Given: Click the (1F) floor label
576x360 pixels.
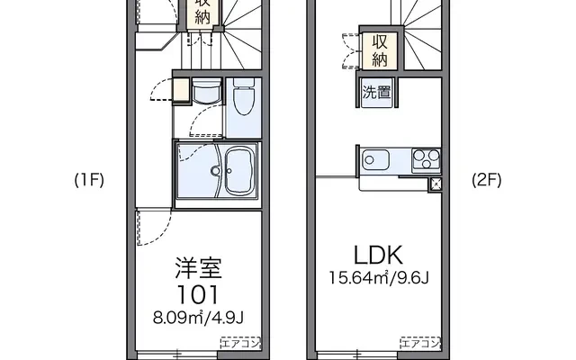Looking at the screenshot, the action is pyautogui.click(x=89, y=180).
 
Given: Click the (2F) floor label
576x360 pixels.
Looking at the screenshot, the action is pyautogui.click(x=486, y=180).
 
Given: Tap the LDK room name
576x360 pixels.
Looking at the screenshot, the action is pyautogui.click(x=378, y=256).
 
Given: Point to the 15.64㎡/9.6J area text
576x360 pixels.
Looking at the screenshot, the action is pyautogui.click(x=379, y=278).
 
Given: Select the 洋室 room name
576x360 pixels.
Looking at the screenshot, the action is pyautogui.click(x=198, y=268).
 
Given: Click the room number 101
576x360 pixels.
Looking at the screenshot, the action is pyautogui.click(x=198, y=294).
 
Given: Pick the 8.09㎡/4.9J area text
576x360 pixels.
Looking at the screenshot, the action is pyautogui.click(x=198, y=318).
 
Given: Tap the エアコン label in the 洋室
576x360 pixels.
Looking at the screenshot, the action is pyautogui.click(x=240, y=343).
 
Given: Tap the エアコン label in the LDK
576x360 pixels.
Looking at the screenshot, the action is pyautogui.click(x=420, y=343).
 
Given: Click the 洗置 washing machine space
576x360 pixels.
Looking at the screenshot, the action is pyautogui.click(x=376, y=92).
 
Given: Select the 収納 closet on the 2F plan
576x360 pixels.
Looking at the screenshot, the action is pyautogui.click(x=380, y=50).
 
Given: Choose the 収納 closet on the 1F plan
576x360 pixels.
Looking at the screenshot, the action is pyautogui.click(x=202, y=12).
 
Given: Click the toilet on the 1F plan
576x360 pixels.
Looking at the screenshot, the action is pyautogui.click(x=244, y=96).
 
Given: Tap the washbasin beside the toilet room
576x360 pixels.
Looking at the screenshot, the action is pyautogui.click(x=207, y=91).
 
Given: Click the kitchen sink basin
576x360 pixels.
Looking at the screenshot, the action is pyautogui.click(x=375, y=160).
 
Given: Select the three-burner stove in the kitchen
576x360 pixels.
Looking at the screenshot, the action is pyautogui.click(x=426, y=160).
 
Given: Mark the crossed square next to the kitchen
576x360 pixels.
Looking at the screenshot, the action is pyautogui.click(x=436, y=184).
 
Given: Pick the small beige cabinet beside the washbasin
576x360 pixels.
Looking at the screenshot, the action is pyautogui.click(x=181, y=90).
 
